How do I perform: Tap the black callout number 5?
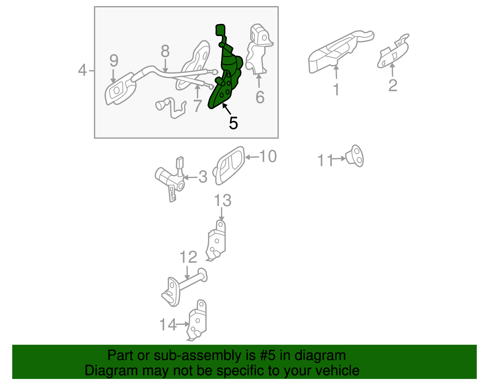pos(233,123)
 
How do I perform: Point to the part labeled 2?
pos(393,51)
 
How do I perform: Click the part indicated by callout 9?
pos(120,89)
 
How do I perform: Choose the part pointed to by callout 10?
pos(228,165)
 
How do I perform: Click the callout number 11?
pos(325,160)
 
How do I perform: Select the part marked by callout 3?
pos(170,179)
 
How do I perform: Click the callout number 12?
pos(188,257)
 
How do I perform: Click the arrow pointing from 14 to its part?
pos(182,325)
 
